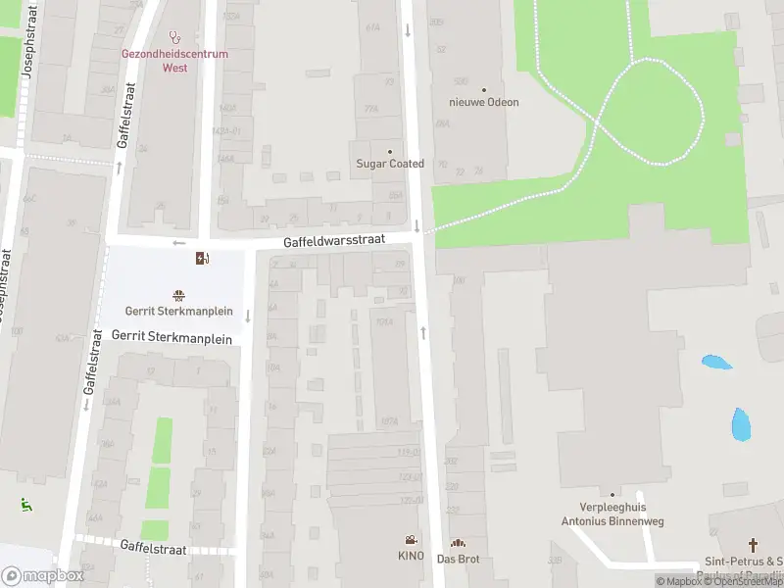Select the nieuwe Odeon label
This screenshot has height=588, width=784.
tap(483, 102)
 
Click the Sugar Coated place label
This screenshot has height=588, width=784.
tap(390, 164)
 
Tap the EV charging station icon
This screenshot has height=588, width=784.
tap(202, 259)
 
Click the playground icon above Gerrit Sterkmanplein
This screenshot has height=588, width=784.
tap(178, 295)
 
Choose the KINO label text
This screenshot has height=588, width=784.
tap(411, 556)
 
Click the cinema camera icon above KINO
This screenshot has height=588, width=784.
tap(411, 540)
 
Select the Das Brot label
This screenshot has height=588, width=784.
tap(457, 559)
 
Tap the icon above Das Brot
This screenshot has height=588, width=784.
tap(457, 543)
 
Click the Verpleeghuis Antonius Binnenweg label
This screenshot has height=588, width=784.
tap(612, 514)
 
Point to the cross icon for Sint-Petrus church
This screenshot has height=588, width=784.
tap(753, 544)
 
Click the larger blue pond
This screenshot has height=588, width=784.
tap(741, 423)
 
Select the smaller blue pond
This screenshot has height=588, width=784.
tap(716, 362)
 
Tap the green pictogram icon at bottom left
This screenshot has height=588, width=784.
tap(25, 506)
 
